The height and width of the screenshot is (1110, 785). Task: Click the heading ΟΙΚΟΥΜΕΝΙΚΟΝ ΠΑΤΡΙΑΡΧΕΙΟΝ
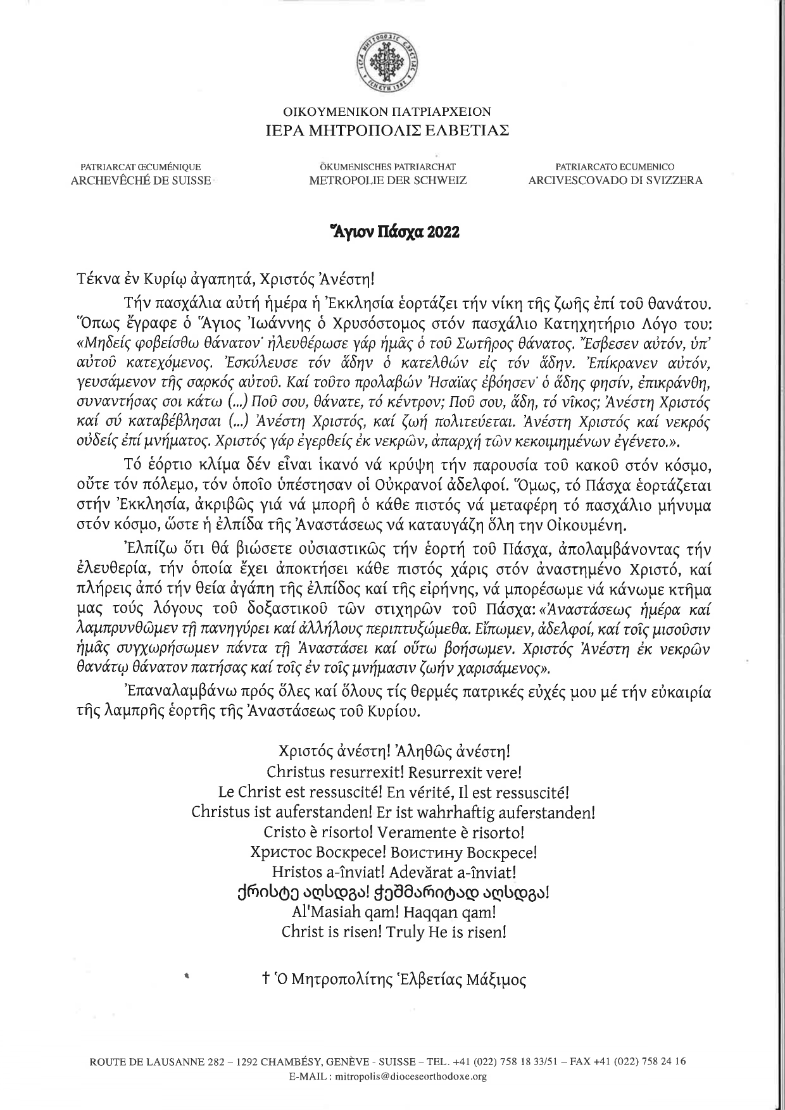(x=387, y=112)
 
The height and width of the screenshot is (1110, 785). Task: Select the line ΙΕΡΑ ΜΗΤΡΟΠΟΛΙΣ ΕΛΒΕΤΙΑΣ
(x=387, y=130)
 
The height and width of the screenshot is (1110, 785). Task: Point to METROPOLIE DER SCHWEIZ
(x=387, y=180)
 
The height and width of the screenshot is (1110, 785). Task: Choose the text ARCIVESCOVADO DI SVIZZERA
(x=615, y=180)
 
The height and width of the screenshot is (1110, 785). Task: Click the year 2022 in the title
(x=443, y=232)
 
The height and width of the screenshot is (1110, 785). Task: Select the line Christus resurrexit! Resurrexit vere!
(x=394, y=772)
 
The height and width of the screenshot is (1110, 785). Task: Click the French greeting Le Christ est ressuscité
(x=394, y=792)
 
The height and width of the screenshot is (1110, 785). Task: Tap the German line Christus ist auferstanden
(x=393, y=811)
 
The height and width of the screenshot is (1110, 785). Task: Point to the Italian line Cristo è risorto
(x=393, y=832)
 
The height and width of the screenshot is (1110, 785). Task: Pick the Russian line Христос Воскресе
(x=393, y=852)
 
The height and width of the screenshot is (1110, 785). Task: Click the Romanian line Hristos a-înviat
(x=393, y=872)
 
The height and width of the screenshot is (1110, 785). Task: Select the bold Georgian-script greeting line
(x=393, y=892)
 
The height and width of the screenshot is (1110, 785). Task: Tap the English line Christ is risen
(x=393, y=932)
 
